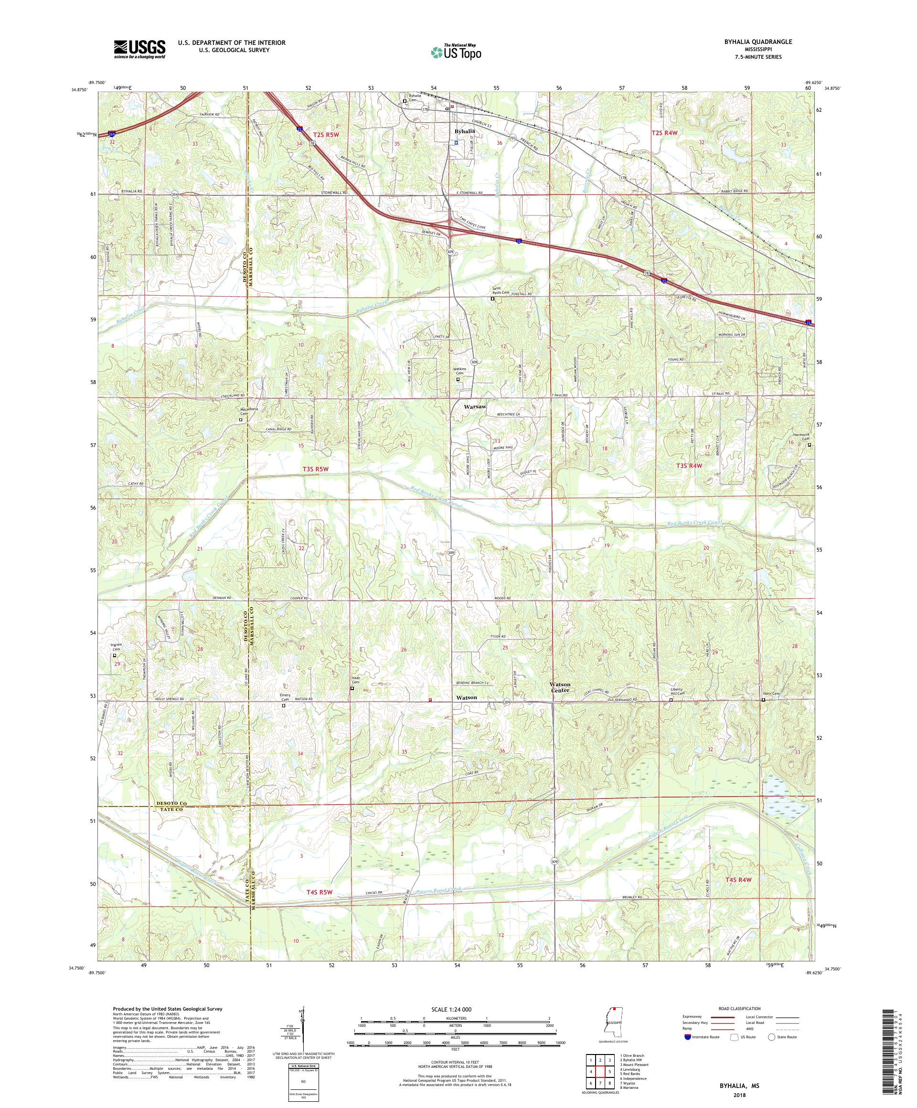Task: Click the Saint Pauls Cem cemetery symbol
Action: pyautogui.click(x=493, y=298)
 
